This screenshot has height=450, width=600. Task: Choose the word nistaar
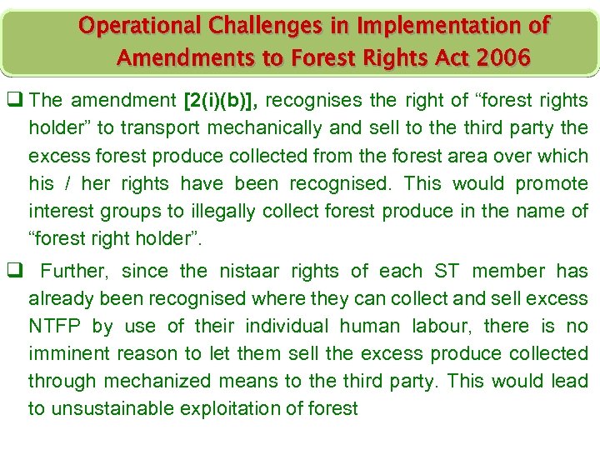(x=254, y=271)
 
